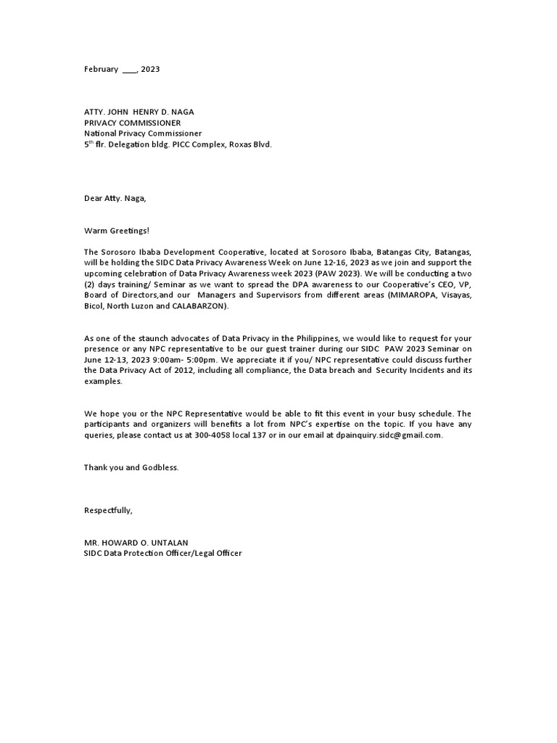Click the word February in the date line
101,69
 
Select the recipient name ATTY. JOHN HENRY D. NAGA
139,112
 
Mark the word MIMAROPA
398,295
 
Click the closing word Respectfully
108,510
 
